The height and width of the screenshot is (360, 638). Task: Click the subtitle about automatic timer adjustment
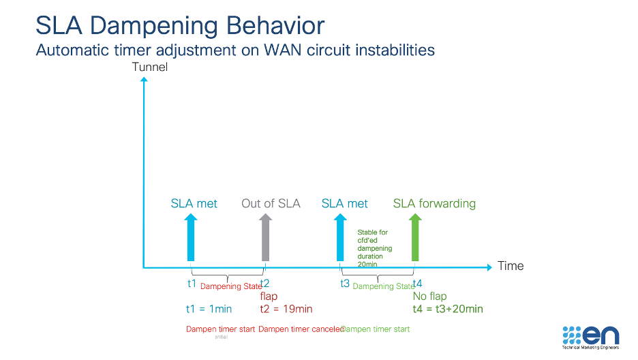click(x=234, y=50)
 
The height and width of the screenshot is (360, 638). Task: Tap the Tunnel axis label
click(x=149, y=67)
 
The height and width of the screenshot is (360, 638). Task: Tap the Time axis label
click(x=511, y=266)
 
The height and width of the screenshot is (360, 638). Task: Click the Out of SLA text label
click(x=271, y=203)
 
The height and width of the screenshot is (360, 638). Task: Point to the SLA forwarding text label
click(x=434, y=203)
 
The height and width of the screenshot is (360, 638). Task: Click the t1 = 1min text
click(x=209, y=309)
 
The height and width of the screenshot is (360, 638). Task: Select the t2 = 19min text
click(x=286, y=309)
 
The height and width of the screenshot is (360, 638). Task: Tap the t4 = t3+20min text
click(x=448, y=309)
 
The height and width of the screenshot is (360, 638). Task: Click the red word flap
click(x=269, y=297)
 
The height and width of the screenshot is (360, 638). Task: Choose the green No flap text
click(x=429, y=297)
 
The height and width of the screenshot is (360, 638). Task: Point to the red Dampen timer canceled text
click(x=301, y=329)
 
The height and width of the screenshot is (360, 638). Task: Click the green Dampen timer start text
click(x=376, y=329)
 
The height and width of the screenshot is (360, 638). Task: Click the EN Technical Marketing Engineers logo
click(x=590, y=337)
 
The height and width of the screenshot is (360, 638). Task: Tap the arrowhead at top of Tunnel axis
click(x=143, y=80)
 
